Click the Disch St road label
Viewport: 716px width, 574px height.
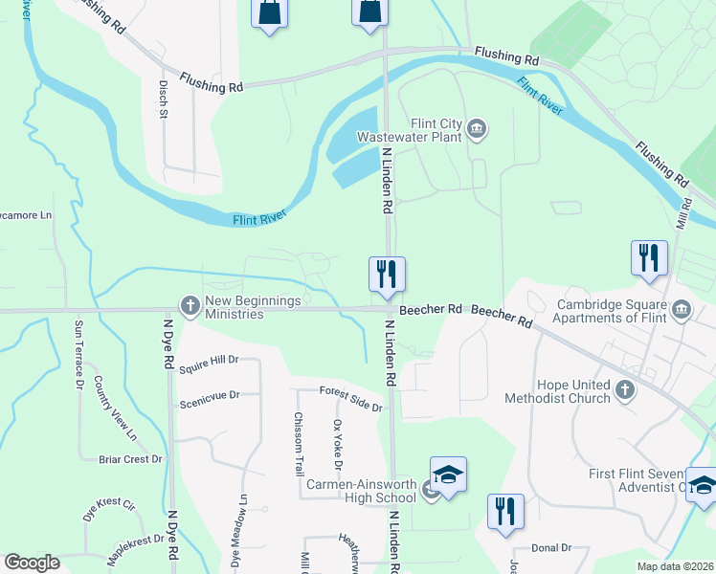[163, 99]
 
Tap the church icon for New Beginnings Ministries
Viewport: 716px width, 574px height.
[190, 306]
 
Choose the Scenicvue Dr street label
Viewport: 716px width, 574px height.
[209, 394]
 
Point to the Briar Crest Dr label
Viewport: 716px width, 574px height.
[131, 459]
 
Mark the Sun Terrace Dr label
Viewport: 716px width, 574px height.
[78, 355]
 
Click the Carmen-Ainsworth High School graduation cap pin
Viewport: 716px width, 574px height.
[447, 474]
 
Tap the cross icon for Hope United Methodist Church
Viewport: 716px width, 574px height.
[625, 389]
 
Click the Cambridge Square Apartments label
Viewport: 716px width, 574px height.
[611, 313]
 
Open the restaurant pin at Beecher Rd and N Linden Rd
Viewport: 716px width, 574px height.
[387, 275]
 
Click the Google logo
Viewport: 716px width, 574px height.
[32, 563]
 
